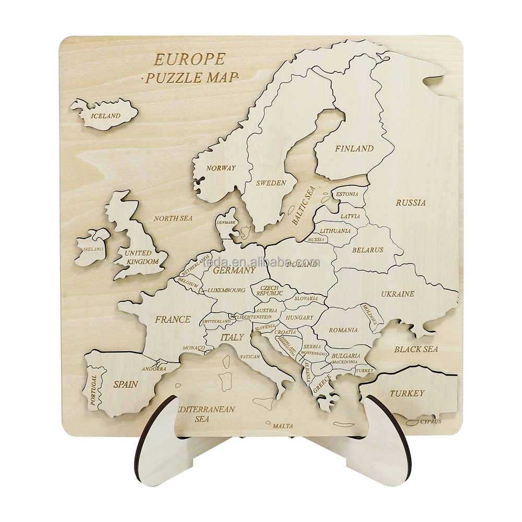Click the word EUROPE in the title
(x=189, y=59)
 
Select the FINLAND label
(x=354, y=149)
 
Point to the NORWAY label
(x=221, y=168)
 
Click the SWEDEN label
(x=270, y=183)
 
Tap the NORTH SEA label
(x=173, y=218)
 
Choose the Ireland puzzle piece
(x=92, y=247)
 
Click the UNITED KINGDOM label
(x=141, y=257)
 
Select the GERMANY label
(x=234, y=270)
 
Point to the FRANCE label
(x=173, y=319)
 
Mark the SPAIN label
(x=126, y=384)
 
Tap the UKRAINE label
(x=397, y=294)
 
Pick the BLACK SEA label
(x=416, y=349)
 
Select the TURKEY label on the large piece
(x=407, y=393)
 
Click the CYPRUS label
(x=431, y=421)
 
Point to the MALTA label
(x=282, y=426)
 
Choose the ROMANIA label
(x=343, y=330)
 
